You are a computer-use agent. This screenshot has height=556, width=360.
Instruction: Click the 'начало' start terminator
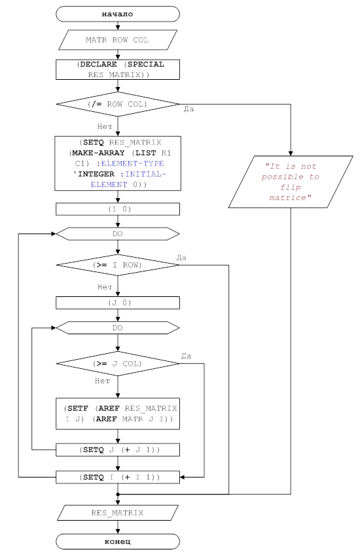(x=118, y=14)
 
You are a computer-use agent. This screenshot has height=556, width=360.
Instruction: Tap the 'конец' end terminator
(x=118, y=542)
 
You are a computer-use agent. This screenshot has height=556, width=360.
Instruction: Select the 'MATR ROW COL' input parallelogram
(x=118, y=40)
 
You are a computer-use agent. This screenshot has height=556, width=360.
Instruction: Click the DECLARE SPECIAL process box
(x=118, y=69)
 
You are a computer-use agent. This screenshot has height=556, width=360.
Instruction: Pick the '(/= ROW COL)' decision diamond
(x=118, y=104)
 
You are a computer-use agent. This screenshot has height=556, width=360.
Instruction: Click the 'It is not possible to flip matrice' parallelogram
(x=291, y=182)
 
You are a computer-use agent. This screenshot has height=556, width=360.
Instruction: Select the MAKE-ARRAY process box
(x=118, y=164)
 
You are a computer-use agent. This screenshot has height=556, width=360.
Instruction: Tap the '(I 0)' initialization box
(x=118, y=209)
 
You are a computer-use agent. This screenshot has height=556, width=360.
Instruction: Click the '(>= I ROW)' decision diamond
(x=118, y=265)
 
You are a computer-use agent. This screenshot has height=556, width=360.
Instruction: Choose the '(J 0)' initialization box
(x=118, y=303)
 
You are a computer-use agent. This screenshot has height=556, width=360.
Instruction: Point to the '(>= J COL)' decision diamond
(x=118, y=364)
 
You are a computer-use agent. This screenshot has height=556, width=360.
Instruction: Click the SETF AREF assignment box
(x=118, y=414)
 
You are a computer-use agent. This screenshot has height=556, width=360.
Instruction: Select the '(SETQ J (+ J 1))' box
(x=118, y=449)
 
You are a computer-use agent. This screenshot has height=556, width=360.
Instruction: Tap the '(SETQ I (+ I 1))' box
(x=118, y=478)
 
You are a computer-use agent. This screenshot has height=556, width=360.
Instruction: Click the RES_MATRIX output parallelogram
(x=118, y=513)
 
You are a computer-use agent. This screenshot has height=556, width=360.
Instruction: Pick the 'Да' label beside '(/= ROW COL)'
(x=189, y=109)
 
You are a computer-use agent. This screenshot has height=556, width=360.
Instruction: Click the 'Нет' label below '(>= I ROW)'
(x=105, y=287)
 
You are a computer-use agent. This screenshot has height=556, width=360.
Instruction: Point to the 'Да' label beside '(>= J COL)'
(x=186, y=356)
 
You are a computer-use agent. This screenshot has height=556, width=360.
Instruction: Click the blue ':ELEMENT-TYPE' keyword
(x=130, y=164)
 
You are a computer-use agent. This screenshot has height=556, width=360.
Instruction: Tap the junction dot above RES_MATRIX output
(x=118, y=494)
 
